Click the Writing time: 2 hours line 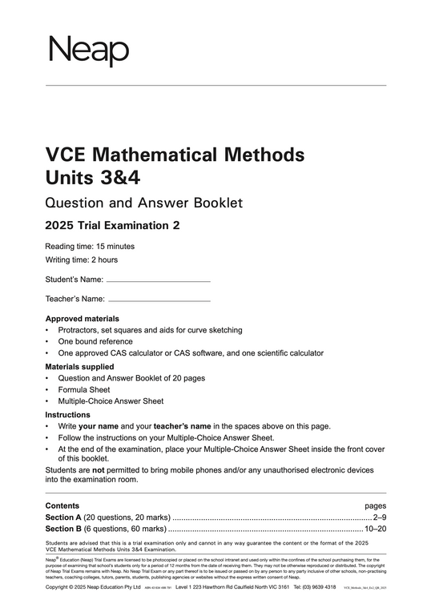(x=83, y=260)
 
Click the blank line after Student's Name (x=158, y=281)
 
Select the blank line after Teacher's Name (x=158, y=300)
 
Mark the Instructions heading (x=68, y=415)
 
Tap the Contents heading (x=62, y=506)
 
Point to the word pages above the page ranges (x=375, y=506)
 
